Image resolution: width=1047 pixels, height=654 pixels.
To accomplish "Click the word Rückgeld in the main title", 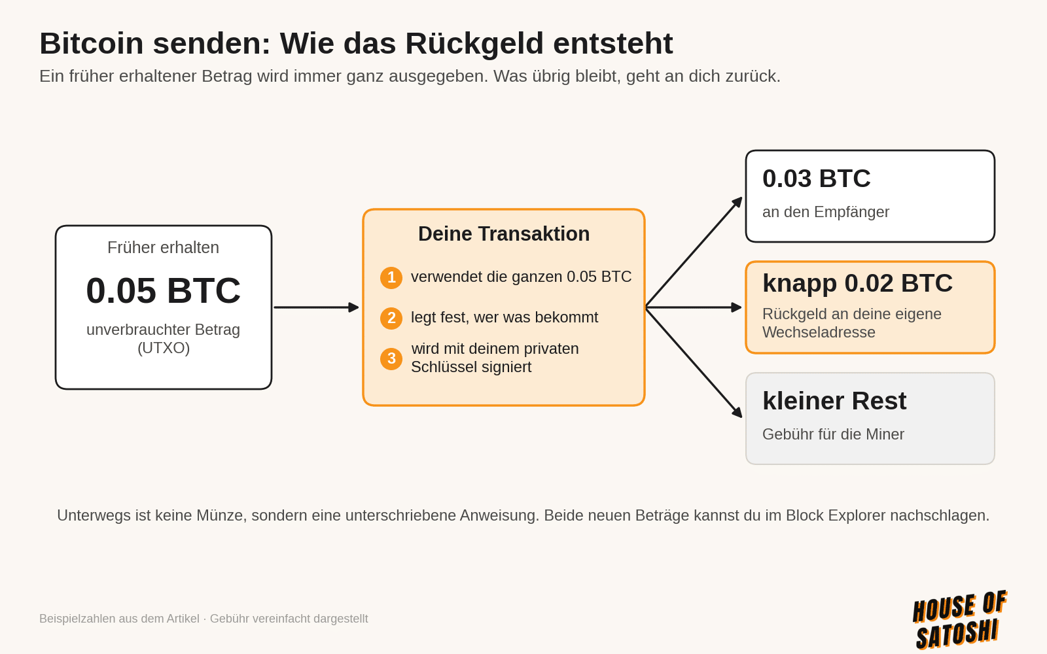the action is [474, 44].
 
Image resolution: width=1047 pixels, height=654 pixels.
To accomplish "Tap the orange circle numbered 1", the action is [391, 278].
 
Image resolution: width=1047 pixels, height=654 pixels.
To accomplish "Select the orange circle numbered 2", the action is [391, 318].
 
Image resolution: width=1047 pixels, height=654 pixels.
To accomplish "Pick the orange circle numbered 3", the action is [391, 359].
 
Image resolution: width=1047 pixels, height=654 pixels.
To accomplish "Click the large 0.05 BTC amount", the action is [163, 290].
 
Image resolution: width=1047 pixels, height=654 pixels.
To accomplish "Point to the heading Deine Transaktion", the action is [504, 233].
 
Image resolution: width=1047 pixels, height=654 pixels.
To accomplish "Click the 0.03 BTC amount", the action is [816, 179].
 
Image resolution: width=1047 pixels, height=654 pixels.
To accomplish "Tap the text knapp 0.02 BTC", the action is [857, 284].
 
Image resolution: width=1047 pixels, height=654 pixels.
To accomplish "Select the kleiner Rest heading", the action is [834, 401].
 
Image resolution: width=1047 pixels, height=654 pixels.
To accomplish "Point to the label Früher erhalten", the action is [163, 248].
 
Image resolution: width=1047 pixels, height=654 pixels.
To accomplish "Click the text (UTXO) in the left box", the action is [164, 348].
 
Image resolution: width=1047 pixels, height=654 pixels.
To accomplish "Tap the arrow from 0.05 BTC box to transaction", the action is [316, 307].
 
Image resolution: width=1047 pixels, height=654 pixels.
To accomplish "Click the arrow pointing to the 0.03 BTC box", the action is [694, 252].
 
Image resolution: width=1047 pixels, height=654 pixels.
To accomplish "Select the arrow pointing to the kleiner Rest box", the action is [694, 362].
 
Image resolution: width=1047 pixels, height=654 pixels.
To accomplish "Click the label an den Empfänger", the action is [825, 212].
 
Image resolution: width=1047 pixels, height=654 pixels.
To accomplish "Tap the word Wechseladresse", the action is [819, 332].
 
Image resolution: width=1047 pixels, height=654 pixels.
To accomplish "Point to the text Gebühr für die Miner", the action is [833, 434].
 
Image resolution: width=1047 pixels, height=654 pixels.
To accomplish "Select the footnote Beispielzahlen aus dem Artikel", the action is [119, 619].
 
